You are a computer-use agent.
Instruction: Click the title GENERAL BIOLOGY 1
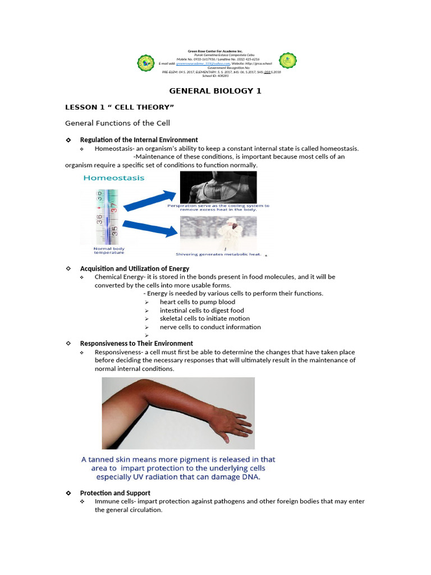coord(215,90)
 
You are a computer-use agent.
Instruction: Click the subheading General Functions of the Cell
coord(117,123)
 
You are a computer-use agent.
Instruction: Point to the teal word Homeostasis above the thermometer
coord(114,178)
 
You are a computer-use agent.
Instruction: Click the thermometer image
coord(107,216)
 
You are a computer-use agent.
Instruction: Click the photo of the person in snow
coord(218,233)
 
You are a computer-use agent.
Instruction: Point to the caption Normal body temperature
coord(109,250)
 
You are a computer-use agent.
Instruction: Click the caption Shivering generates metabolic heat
coord(219,254)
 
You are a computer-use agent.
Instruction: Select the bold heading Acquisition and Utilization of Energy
coord(135,268)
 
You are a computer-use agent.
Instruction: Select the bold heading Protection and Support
coord(115,493)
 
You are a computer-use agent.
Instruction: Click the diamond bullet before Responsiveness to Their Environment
coord(68,343)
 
